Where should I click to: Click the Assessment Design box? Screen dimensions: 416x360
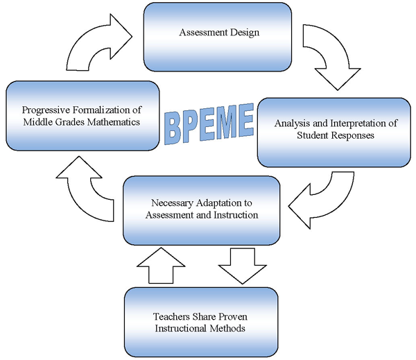[x=218, y=37]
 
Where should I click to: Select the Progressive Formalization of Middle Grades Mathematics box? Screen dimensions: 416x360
[x=83, y=116]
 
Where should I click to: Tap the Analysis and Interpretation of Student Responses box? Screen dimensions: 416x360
[x=334, y=132]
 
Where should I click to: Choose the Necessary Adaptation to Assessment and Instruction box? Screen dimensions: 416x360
[x=202, y=210]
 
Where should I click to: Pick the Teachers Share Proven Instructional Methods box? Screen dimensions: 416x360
[x=201, y=322]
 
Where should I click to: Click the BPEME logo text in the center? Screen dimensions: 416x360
[x=209, y=123]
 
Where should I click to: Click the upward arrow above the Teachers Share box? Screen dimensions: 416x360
[x=161, y=266]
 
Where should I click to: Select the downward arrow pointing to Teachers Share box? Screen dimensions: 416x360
[x=242, y=266]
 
